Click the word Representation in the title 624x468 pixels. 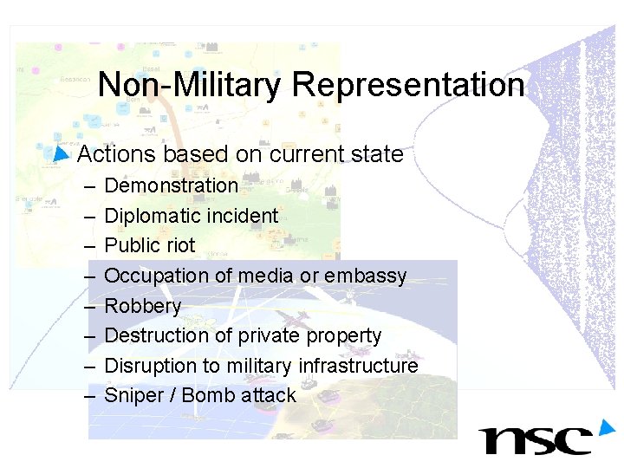point(408,86)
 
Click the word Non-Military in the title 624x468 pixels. point(190,86)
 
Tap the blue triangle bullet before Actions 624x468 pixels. point(60,154)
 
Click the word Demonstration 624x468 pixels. point(171,185)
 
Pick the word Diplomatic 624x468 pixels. point(152,216)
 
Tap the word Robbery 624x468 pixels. point(142,306)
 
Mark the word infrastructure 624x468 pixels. point(358,366)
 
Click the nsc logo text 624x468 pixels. point(536,439)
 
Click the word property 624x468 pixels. point(345,336)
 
